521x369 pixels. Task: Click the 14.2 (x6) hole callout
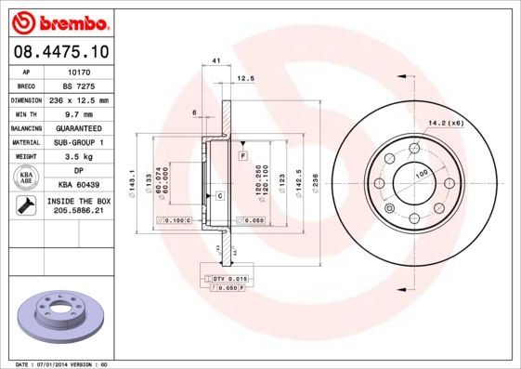point(446,122)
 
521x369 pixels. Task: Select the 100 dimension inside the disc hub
point(421,174)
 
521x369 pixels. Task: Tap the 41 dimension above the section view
point(216,60)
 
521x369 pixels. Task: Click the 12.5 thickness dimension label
point(244,78)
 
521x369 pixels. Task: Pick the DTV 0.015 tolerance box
point(226,279)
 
